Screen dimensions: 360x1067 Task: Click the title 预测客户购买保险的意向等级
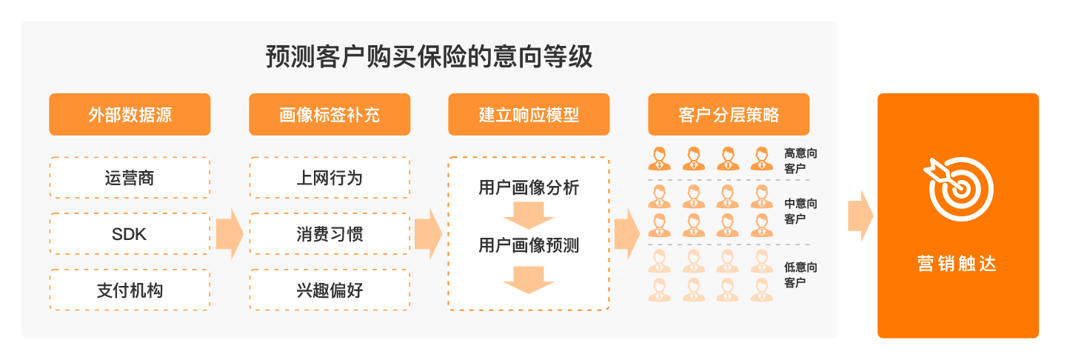[x=429, y=58]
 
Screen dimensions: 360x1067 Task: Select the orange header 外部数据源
[x=130, y=115]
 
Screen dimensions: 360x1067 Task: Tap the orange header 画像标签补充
[x=330, y=115]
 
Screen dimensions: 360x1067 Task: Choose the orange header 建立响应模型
[x=529, y=115]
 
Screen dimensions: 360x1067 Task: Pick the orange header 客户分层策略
[x=729, y=115]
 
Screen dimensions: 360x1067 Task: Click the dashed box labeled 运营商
[x=130, y=178]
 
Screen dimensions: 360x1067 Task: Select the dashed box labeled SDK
[x=130, y=234]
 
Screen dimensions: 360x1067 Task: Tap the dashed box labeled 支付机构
[x=130, y=290]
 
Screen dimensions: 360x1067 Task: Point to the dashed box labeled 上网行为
[x=330, y=178]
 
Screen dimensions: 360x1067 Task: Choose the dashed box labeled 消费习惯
[x=330, y=234]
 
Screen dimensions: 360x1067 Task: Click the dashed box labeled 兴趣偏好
[x=330, y=290]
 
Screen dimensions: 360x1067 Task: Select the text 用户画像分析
[x=529, y=188]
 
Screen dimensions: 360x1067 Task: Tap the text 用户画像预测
[x=529, y=245]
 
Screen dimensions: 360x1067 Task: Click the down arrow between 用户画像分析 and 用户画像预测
[x=529, y=217]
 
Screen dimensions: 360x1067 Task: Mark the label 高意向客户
[x=800, y=161]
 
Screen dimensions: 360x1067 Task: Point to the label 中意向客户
[x=800, y=211]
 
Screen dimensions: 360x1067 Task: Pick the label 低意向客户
[x=800, y=275]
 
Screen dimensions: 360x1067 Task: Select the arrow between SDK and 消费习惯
[x=230, y=234]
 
